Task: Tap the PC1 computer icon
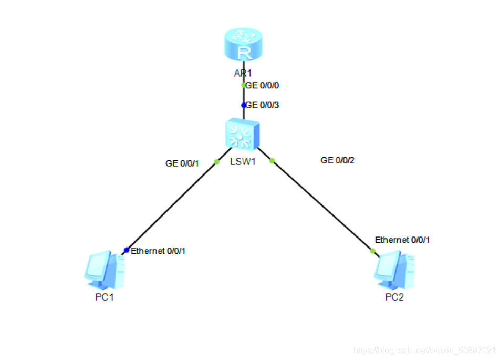pyautogui.click(x=105, y=271)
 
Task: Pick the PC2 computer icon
pyautogui.click(x=394, y=271)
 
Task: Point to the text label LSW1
pyautogui.click(x=243, y=161)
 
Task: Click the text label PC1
pyautogui.click(x=105, y=297)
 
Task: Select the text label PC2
pyautogui.click(x=394, y=297)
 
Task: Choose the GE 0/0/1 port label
pyautogui.click(x=182, y=163)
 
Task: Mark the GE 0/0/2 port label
pyautogui.click(x=338, y=160)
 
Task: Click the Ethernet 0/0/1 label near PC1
pyautogui.click(x=158, y=251)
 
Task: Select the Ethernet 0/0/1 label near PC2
pyautogui.click(x=402, y=240)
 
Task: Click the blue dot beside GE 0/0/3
pyautogui.click(x=243, y=105)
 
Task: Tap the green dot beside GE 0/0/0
pyautogui.click(x=243, y=85)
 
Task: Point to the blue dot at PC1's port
pyautogui.click(x=127, y=250)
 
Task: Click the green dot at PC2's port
pyautogui.click(x=373, y=251)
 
